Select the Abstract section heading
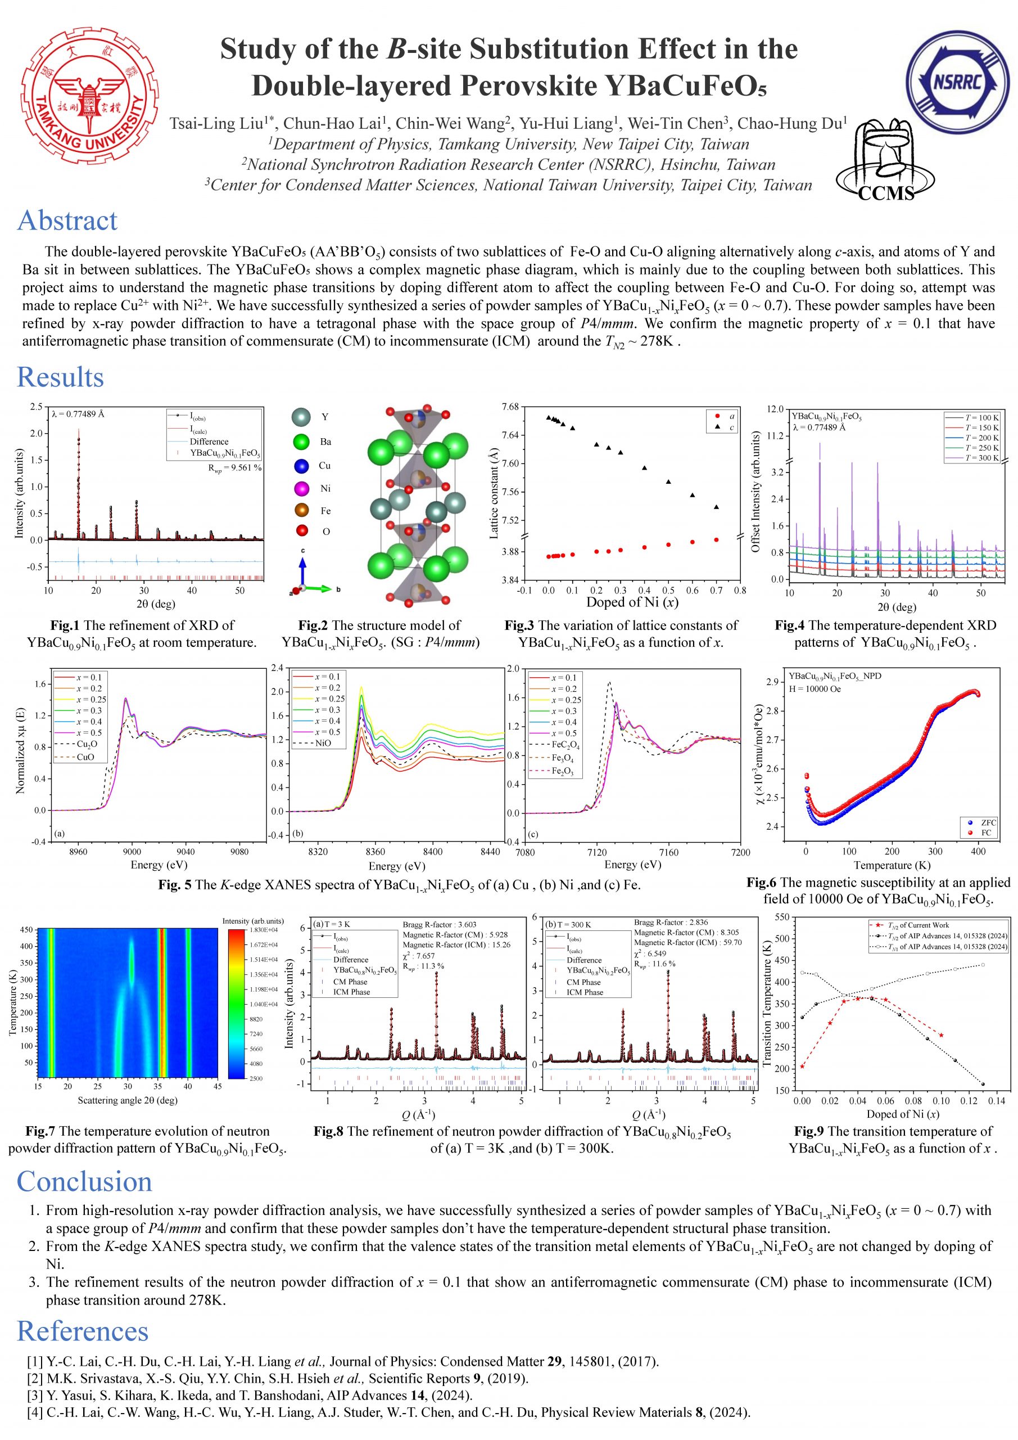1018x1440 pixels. pos(67,220)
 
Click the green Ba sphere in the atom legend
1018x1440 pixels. pos(303,442)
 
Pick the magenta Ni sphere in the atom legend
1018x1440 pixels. pos(303,488)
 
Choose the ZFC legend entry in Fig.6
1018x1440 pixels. pos(984,822)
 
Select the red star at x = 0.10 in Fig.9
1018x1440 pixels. pos(941,1035)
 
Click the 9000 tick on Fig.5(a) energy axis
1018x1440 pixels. pos(132,852)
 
